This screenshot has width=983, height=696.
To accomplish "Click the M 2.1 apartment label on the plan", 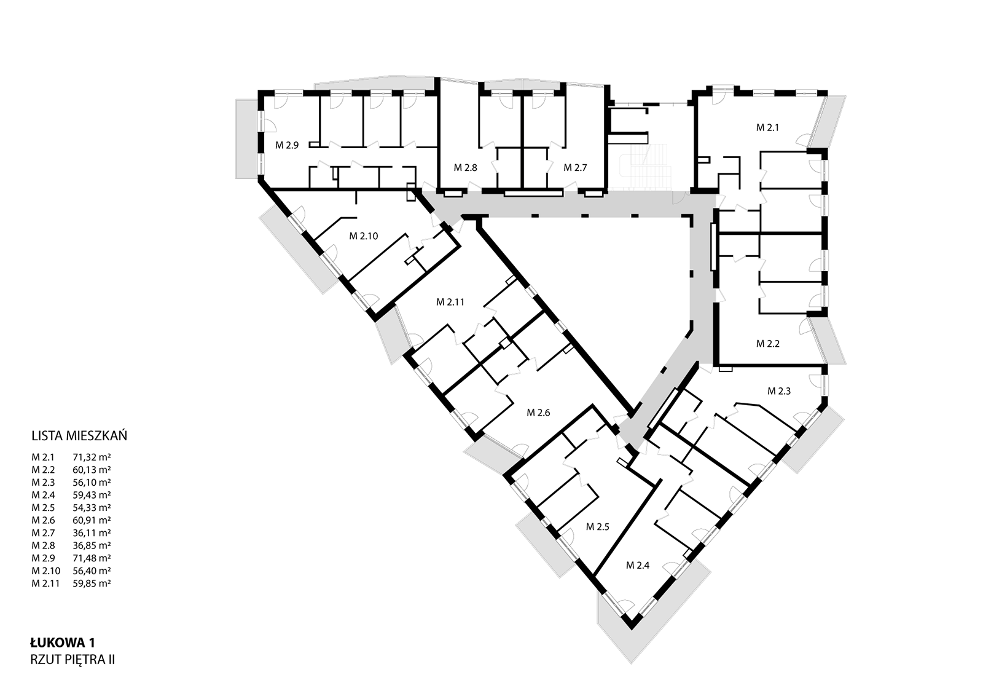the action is click(767, 128).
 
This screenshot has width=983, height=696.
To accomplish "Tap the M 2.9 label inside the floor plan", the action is click(287, 145).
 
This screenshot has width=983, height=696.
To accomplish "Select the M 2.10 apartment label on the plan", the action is click(363, 236).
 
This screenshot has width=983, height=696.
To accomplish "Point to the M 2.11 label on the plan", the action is click(450, 302).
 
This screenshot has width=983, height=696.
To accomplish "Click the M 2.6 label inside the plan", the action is click(538, 413).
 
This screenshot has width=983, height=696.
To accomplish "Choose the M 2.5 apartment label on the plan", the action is click(598, 527).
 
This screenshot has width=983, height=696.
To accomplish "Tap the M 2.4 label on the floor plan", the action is click(638, 566).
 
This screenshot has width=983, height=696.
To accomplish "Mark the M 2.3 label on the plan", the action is click(779, 391).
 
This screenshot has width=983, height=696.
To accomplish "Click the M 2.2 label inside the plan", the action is click(767, 344).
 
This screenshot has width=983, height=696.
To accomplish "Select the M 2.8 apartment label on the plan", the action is click(465, 168).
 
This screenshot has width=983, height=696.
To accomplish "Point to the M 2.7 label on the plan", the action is click(575, 168).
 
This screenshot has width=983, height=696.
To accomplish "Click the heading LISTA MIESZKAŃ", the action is click(79, 435).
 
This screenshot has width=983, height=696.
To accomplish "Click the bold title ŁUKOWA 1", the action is click(62, 643).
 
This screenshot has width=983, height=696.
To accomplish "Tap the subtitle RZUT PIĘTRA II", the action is click(72, 660).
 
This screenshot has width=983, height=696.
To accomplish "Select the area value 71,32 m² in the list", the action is click(92, 457).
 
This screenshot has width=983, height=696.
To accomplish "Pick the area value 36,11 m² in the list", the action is click(92, 532).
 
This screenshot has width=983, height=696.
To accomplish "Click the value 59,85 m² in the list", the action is click(92, 583).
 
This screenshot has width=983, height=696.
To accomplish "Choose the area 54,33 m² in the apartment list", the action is click(92, 507).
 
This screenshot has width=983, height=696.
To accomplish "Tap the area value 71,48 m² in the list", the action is click(92, 558).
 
